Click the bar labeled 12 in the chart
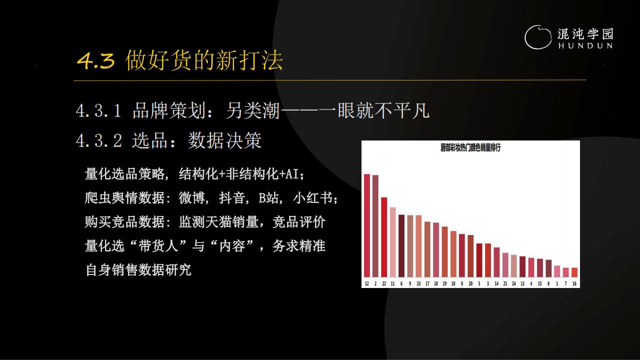tap(367, 225)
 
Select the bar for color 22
tap(384, 237)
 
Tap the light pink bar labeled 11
tap(392, 242)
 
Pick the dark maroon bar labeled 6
tap(401, 245)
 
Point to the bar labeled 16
tap(574, 272)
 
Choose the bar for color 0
tap(462, 255)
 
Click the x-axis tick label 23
tap(418, 283)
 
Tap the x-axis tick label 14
tap(496, 283)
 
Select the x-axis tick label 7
tap(565, 283)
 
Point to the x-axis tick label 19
tap(444, 283)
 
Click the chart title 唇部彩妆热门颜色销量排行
tap(470, 147)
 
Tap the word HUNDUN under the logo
tap(585, 45)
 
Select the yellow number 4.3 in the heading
tap(96, 61)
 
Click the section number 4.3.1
tap(98, 111)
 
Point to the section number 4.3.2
tap(99, 140)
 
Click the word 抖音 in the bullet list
tap(232, 197)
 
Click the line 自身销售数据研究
tap(138, 270)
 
